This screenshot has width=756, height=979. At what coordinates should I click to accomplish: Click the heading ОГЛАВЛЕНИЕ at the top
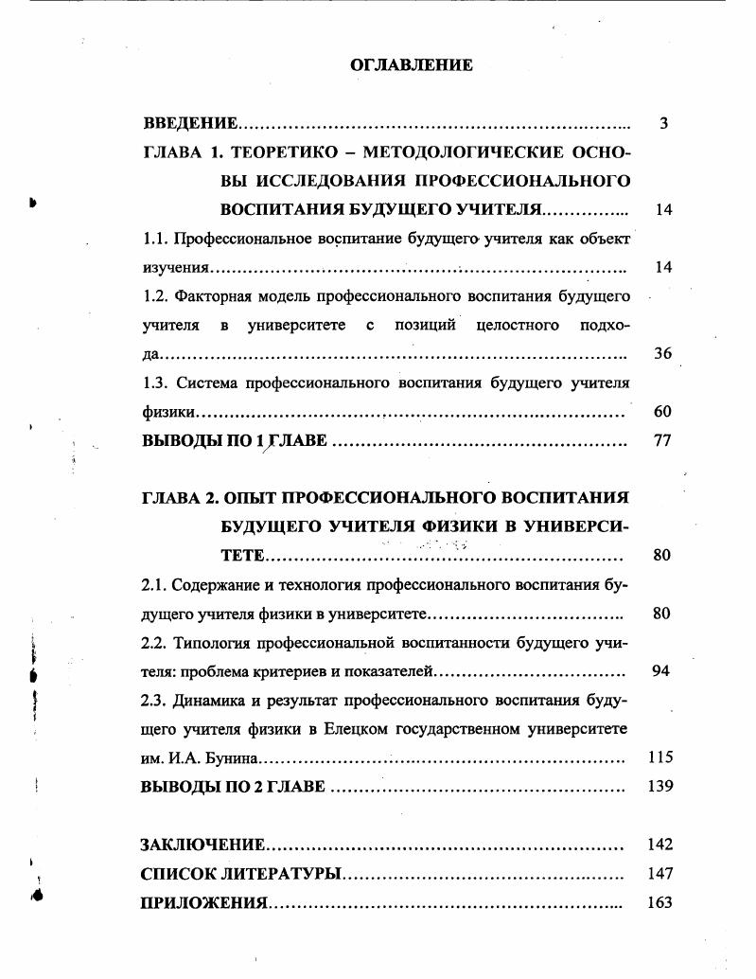[x=411, y=65]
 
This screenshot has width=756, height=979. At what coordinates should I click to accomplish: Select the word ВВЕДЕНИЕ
[x=189, y=124]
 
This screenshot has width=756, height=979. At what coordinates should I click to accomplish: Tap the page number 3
[x=663, y=124]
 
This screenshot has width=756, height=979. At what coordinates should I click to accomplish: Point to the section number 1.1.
[x=155, y=238]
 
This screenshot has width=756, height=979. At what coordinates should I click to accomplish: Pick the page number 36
[x=662, y=354]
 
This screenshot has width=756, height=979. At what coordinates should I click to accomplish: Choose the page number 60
[x=662, y=412]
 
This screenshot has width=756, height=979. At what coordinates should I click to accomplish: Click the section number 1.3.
[x=155, y=383]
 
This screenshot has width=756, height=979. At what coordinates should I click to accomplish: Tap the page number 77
[x=662, y=441]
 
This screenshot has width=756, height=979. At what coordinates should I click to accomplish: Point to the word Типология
[x=211, y=643]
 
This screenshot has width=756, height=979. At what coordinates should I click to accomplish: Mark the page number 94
[x=661, y=671]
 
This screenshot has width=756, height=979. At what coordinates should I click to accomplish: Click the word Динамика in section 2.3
[x=210, y=701]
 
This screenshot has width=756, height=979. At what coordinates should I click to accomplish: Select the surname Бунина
[x=231, y=759]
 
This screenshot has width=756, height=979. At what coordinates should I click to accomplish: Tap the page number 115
[x=659, y=758]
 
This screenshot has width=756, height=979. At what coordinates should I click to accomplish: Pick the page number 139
[x=659, y=788]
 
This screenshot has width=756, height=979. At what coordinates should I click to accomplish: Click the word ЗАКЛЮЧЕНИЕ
[x=203, y=845]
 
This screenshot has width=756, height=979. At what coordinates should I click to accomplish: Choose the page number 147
[x=659, y=874]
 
